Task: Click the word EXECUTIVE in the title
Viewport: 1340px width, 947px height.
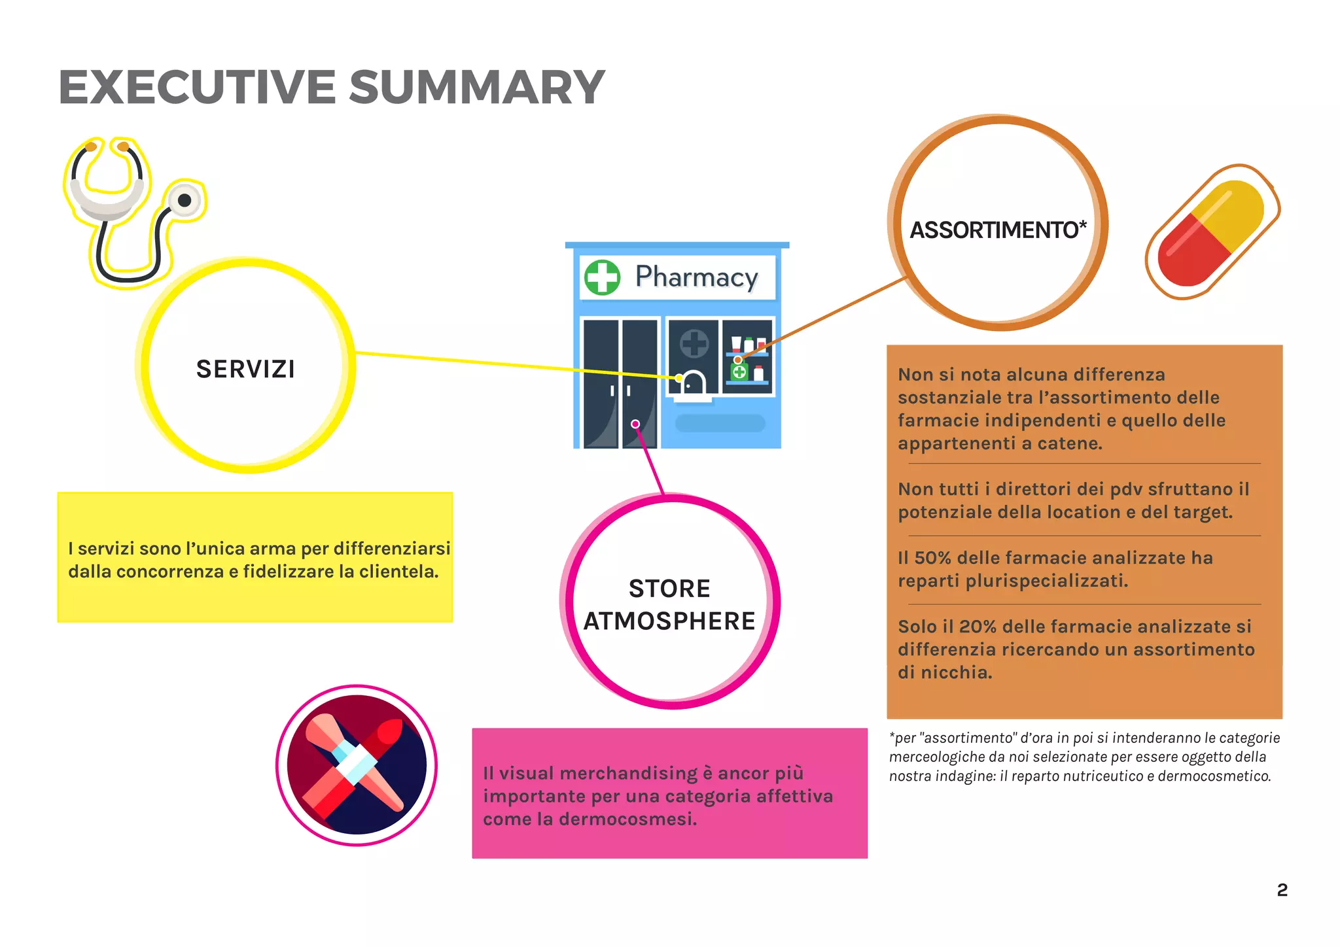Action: click(x=196, y=87)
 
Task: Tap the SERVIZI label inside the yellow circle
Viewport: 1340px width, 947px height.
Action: click(x=245, y=370)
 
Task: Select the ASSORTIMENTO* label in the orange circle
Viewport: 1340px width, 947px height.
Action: click(x=998, y=230)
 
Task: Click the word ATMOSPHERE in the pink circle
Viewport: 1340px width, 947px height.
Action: click(x=669, y=621)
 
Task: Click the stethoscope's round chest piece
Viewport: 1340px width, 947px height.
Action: click(x=185, y=200)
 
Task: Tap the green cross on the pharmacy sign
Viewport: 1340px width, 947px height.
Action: click(x=602, y=277)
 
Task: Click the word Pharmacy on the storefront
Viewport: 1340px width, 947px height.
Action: click(x=696, y=277)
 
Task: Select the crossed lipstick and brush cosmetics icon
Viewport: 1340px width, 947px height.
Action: click(x=357, y=765)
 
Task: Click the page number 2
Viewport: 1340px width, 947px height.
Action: click(x=1282, y=890)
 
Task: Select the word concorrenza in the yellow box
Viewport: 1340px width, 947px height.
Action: click(x=169, y=572)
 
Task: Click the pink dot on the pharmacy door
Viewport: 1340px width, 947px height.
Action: click(x=635, y=424)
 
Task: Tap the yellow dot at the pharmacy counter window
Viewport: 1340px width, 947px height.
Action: click(x=679, y=378)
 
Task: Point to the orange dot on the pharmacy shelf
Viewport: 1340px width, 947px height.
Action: click(x=737, y=360)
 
